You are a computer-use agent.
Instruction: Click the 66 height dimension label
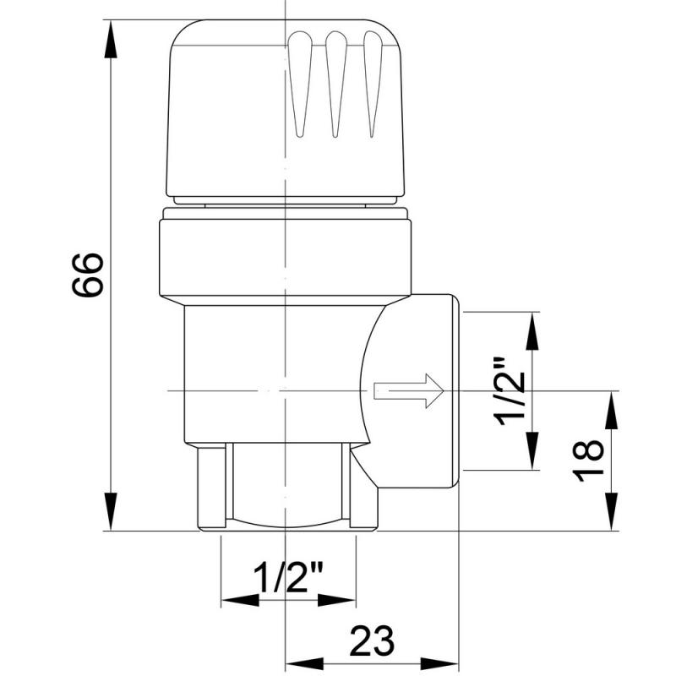[88, 275]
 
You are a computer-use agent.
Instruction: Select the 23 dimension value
[372, 641]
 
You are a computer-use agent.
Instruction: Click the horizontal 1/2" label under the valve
[288, 578]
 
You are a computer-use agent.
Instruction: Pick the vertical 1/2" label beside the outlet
[512, 391]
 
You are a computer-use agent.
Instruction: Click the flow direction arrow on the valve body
[409, 390]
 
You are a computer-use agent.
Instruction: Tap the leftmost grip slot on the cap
[300, 84]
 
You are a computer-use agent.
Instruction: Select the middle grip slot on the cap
[336, 84]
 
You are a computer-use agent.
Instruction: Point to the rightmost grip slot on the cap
[373, 84]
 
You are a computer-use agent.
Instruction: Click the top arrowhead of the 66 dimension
[111, 39]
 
